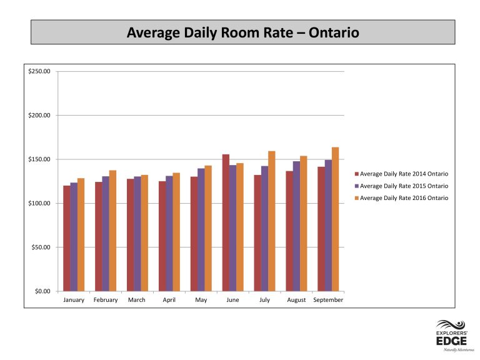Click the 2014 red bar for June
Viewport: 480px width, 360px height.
pyautogui.click(x=226, y=223)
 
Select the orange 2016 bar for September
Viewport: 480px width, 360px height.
pyautogui.click(x=335, y=219)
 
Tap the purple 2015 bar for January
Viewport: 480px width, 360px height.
pyautogui.click(x=74, y=237)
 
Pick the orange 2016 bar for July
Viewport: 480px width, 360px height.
pyautogui.click(x=271, y=221)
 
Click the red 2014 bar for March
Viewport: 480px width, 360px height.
pyautogui.click(x=131, y=235)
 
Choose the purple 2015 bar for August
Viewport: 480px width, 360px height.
pyautogui.click(x=296, y=226)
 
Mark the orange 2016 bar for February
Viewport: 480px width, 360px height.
pyautogui.click(x=112, y=231)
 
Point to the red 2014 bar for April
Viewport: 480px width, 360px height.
pyautogui.click(x=162, y=236)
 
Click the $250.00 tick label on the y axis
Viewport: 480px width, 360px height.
pyautogui.click(x=39, y=71)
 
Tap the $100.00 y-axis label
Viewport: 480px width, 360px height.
pyautogui.click(x=39, y=203)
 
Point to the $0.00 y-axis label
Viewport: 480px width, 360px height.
pyautogui.click(x=42, y=291)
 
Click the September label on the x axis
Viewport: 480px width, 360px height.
pyautogui.click(x=328, y=300)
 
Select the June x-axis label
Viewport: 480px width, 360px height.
pyautogui.click(x=232, y=300)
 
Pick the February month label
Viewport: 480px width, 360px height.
pyautogui.click(x=106, y=300)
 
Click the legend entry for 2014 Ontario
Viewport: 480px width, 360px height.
pyautogui.click(x=401, y=174)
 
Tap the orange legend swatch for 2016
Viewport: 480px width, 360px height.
pyautogui.click(x=357, y=198)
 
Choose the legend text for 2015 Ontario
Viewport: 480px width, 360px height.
pyautogui.click(x=404, y=186)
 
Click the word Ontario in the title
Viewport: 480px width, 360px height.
pyautogui.click(x=334, y=32)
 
